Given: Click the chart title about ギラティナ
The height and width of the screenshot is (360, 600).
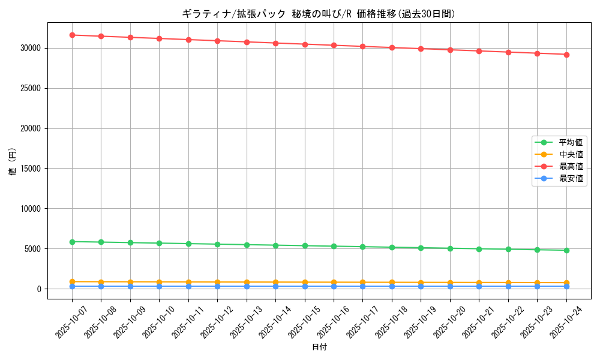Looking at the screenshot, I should pyautogui.click(x=319, y=13).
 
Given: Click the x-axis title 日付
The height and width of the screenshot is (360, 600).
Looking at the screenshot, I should pyautogui.click(x=319, y=347).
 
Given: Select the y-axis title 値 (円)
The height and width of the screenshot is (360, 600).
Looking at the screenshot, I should pyautogui.click(x=12, y=163).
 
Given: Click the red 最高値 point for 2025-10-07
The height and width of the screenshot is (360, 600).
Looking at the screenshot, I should pyautogui.click(x=72, y=35).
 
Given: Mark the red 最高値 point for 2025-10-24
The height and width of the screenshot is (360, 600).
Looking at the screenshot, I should pyautogui.click(x=566, y=55).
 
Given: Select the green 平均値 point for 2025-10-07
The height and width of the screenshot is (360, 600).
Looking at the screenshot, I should pyautogui.click(x=72, y=242).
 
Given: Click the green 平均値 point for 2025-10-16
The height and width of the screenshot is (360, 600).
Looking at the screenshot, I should pyautogui.click(x=334, y=246).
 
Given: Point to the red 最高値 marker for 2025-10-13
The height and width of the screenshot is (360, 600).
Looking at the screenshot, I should pyautogui.click(x=247, y=42).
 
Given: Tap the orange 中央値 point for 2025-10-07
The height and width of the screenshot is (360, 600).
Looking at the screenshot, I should pyautogui.click(x=72, y=281).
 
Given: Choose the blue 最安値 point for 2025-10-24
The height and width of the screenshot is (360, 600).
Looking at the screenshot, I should pyautogui.click(x=566, y=286).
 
